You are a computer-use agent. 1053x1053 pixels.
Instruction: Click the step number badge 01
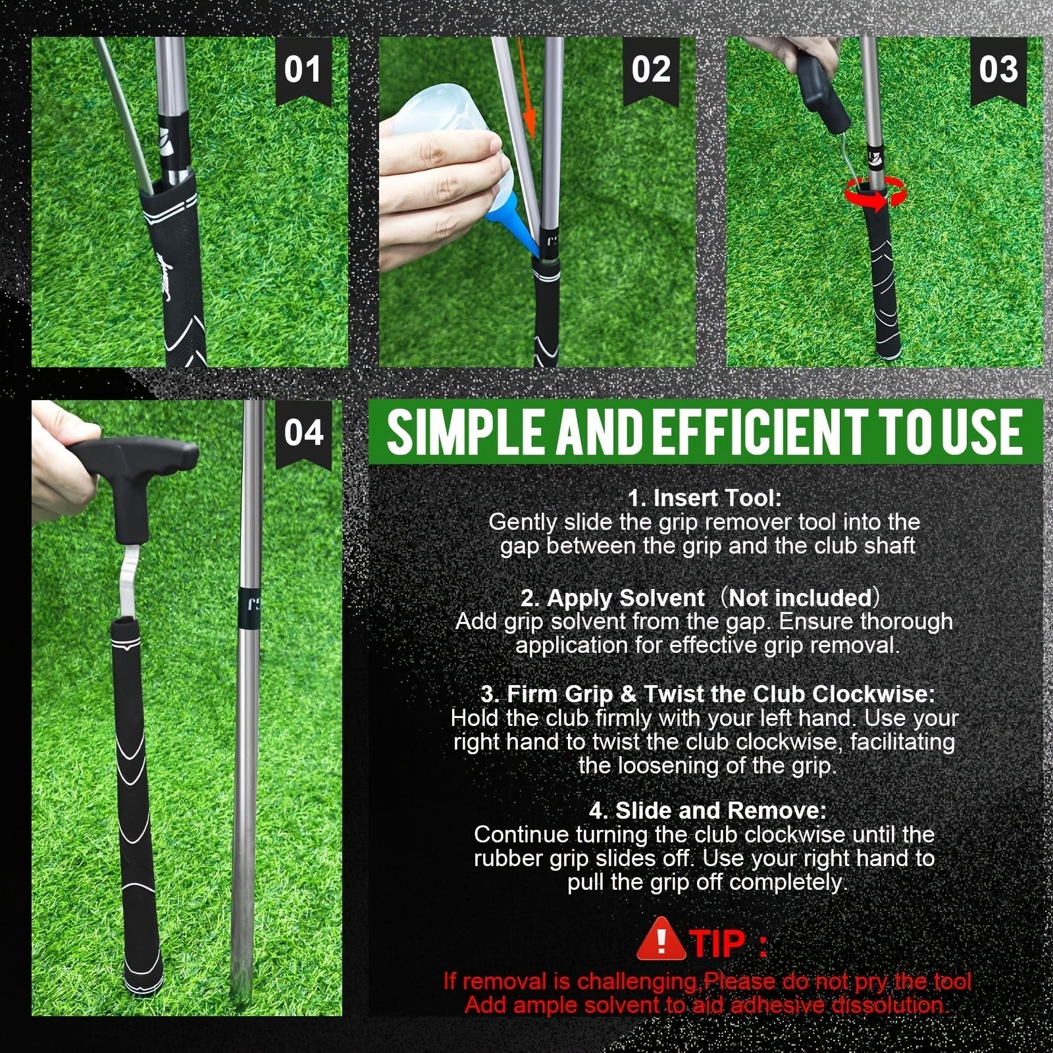click(x=302, y=70)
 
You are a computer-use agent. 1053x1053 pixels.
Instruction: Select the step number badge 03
click(x=998, y=70)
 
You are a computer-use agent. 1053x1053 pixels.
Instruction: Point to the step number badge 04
click(x=303, y=435)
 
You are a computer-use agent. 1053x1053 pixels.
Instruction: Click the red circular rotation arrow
click(x=875, y=195)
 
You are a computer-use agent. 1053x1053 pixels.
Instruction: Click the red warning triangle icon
click(x=661, y=942)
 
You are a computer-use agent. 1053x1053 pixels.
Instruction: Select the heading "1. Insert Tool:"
click(x=704, y=498)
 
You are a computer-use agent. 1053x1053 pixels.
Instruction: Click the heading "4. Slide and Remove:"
click(x=707, y=810)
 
